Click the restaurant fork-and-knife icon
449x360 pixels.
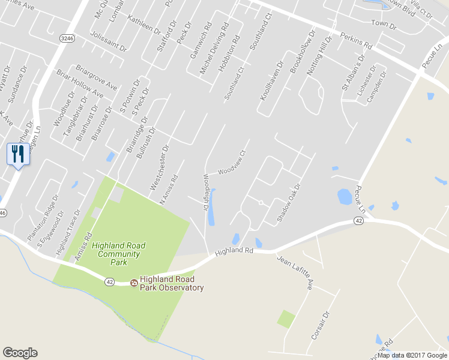tap(17, 154)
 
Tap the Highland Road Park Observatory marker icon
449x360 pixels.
tap(134, 283)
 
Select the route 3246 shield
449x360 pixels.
tap(68, 38)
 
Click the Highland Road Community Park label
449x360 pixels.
tap(118, 254)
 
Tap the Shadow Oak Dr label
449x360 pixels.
tap(288, 203)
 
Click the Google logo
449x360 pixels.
tap(20, 353)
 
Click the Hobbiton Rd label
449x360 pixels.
tap(228, 54)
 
